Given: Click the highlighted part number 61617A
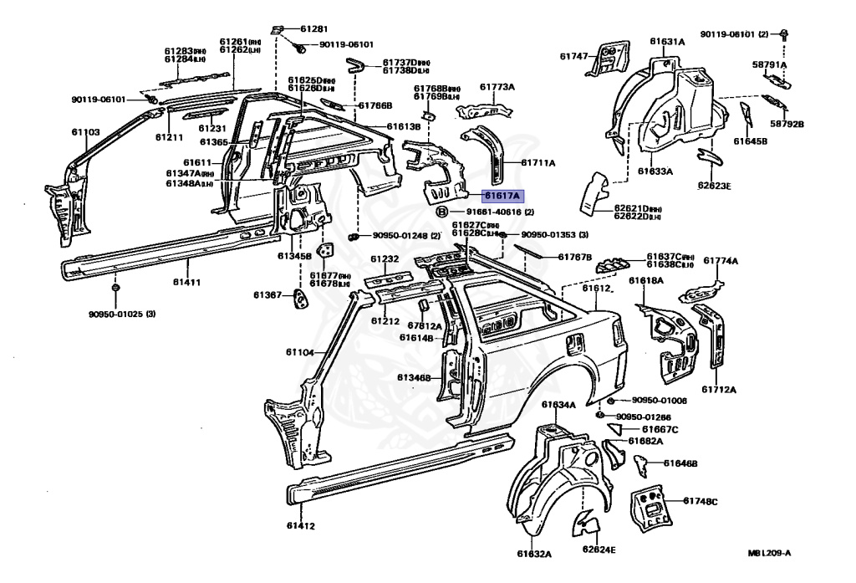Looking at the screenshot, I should [502, 196].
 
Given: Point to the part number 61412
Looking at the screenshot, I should [300, 526].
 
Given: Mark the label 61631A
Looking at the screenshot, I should [668, 40].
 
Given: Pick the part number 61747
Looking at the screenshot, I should [574, 56].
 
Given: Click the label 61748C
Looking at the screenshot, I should [701, 501].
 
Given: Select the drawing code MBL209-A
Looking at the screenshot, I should [769, 553].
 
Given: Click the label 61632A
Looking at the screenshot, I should [534, 553].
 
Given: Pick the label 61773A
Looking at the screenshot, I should [497, 86].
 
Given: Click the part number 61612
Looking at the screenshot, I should [599, 288].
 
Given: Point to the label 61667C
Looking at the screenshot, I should [661, 429].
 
